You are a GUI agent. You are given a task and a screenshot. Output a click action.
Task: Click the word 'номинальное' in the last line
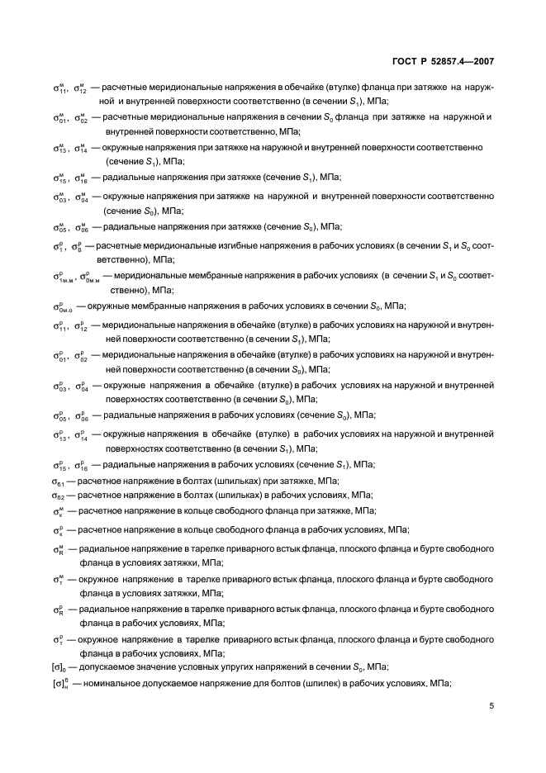[116, 684]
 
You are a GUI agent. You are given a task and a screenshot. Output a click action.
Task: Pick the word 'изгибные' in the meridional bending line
[223, 245]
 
